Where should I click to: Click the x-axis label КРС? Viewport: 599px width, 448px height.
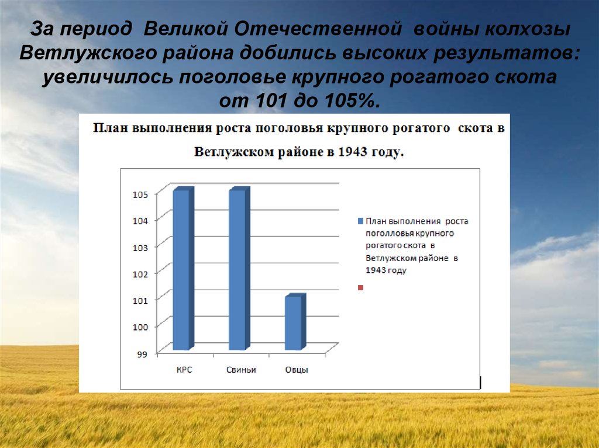(184, 370)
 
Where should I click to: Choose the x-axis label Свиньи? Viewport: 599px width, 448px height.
(240, 370)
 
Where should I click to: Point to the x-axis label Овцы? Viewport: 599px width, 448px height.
(297, 370)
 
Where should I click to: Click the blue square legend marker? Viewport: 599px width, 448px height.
(360, 221)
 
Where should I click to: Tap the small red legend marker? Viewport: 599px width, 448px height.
(360, 287)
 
